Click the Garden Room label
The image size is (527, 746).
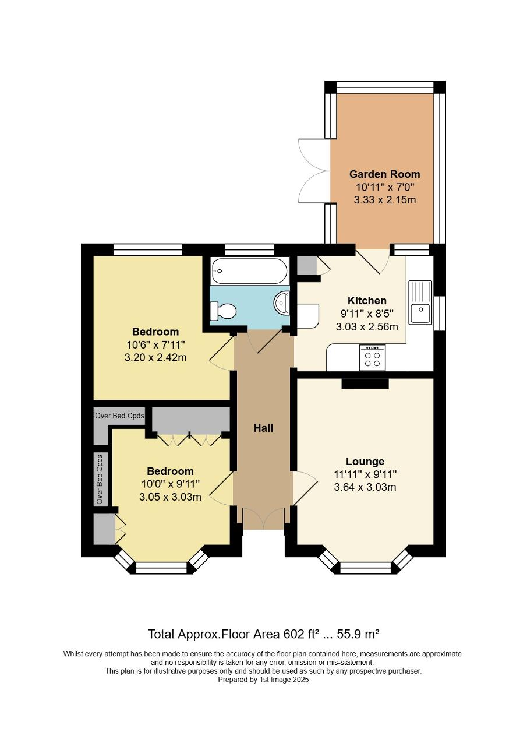pyautogui.click(x=384, y=174)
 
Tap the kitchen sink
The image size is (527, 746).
pyautogui.click(x=419, y=301)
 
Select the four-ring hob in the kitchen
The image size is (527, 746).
pyautogui.click(x=372, y=357)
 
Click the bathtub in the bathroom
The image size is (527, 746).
pyautogui.click(x=249, y=271)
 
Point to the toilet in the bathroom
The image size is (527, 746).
pyautogui.click(x=223, y=311)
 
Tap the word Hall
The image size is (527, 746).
pyautogui.click(x=263, y=428)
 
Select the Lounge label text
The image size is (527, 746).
pyautogui.click(x=365, y=461)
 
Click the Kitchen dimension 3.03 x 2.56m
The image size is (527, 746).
pyautogui.click(x=367, y=327)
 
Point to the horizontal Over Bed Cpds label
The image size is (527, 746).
pyautogui.click(x=119, y=416)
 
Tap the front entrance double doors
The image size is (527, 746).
pyautogui.click(x=263, y=518)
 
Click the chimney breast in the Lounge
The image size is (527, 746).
pyautogui.click(x=365, y=383)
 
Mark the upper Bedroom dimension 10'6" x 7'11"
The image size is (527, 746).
pyautogui.click(x=155, y=345)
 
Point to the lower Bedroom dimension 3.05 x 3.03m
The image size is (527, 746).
pyautogui.click(x=170, y=497)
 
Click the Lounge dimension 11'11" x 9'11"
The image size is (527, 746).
pyautogui.click(x=365, y=474)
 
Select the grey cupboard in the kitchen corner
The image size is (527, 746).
pyautogui.click(x=306, y=265)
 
